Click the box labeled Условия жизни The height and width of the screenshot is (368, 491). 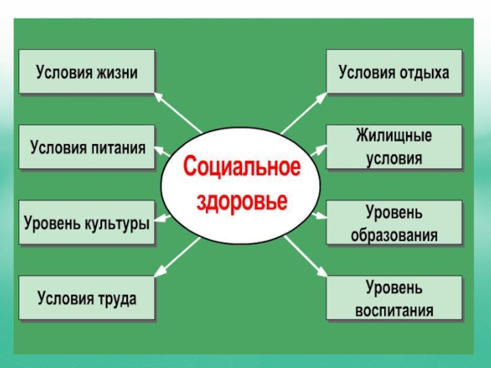tap(87, 72)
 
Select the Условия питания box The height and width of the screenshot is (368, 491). tap(87, 148)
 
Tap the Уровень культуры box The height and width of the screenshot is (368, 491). tap(87, 223)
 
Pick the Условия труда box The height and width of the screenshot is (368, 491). tap(87, 298)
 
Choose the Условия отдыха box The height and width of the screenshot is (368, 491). tap(393, 72)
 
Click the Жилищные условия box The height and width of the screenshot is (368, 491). tap(393, 147)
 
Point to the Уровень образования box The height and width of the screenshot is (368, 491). tap(393, 223)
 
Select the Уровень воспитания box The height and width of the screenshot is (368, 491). tap(393, 298)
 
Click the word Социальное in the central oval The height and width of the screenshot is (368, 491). tap(241, 167)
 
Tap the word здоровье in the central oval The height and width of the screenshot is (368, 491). tap(241, 201)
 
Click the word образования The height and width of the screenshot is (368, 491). tap(394, 234)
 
